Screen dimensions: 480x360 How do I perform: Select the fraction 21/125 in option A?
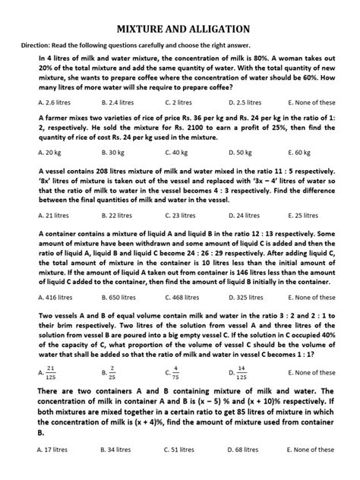click(x=51, y=371)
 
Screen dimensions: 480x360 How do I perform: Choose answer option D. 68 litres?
click(x=245, y=449)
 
